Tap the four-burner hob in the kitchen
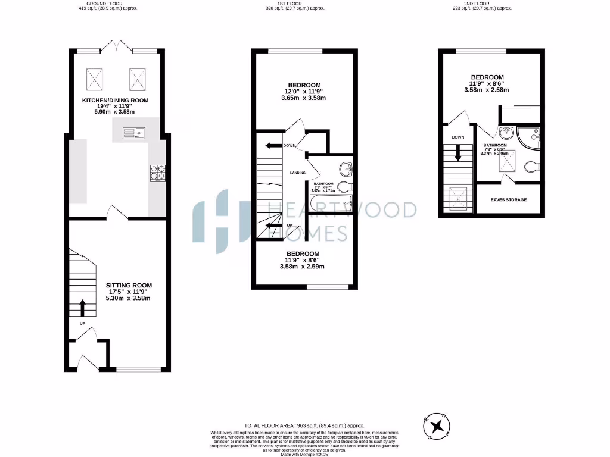[x=157, y=173]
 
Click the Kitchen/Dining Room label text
[x=115, y=100]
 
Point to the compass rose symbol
[x=438, y=425]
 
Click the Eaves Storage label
[x=508, y=200]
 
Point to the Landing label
[x=297, y=173]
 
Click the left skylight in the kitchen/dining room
[x=94, y=77]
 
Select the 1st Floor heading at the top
[x=287, y=4]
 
